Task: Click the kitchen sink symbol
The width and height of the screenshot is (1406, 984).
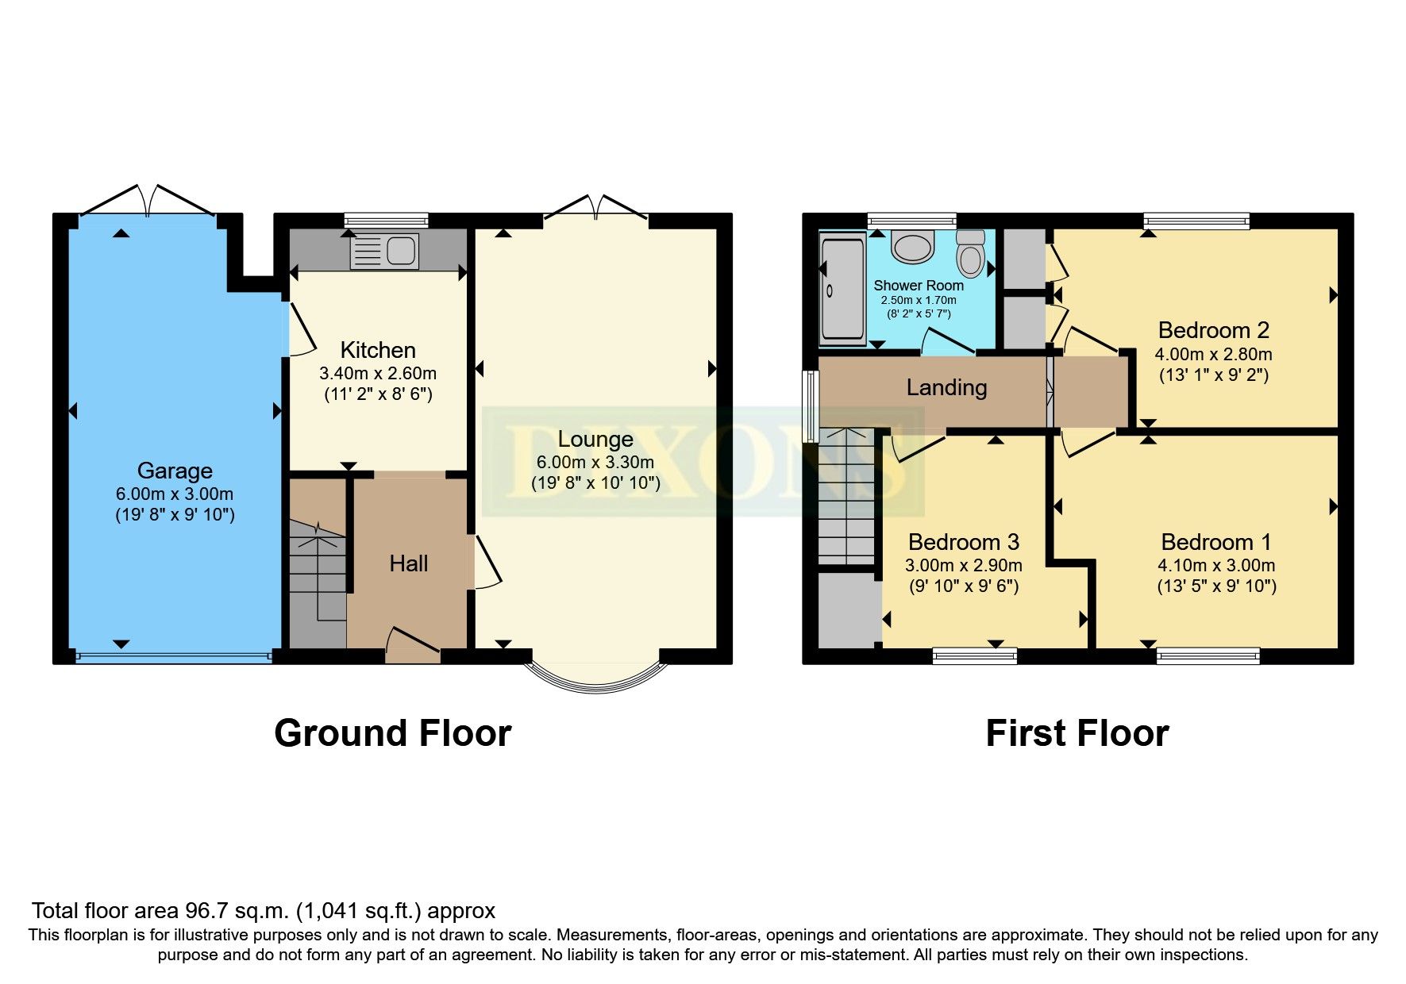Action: point(384,251)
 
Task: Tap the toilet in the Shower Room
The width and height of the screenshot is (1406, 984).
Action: point(970,252)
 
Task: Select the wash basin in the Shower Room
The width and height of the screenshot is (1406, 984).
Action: point(912,246)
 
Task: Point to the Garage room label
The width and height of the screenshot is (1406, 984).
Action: point(175,471)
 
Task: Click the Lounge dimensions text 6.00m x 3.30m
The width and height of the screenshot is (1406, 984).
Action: point(595,462)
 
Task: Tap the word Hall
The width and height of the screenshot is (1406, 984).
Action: point(409,563)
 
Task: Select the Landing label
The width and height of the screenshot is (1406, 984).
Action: point(946,387)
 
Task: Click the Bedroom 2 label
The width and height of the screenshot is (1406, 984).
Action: point(1213,330)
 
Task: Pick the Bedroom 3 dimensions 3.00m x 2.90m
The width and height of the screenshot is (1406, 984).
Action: point(963,565)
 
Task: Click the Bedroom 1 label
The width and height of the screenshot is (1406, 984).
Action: point(1215,542)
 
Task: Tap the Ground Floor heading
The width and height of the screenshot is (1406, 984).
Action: point(392,733)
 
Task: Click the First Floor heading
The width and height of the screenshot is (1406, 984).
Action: point(1077,733)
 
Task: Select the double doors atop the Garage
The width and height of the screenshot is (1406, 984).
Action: point(148,200)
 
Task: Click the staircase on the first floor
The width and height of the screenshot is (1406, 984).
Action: point(846,496)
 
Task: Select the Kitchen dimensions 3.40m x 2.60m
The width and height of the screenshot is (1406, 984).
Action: point(377,373)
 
